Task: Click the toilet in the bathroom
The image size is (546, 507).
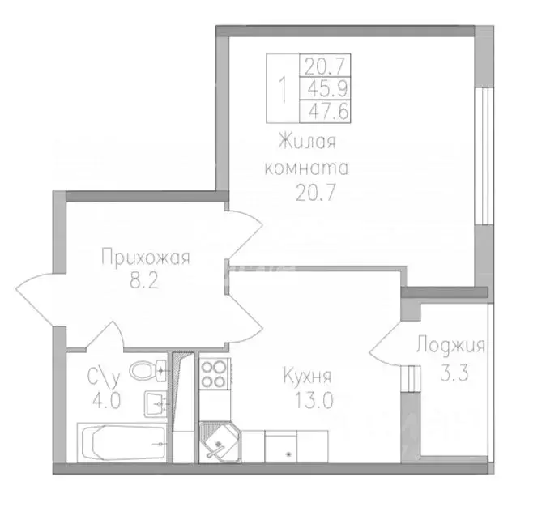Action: pyautogui.click(x=147, y=372)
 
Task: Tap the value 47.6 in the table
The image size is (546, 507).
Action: pyautogui.click(x=325, y=111)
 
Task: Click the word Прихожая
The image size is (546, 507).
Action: pyautogui.click(x=145, y=258)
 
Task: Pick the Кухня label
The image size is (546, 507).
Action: pyautogui.click(x=307, y=377)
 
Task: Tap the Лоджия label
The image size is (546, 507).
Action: pyautogui.click(x=450, y=346)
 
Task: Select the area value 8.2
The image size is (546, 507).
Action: pyautogui.click(x=145, y=284)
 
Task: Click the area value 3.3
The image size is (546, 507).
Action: pyautogui.click(x=450, y=372)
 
